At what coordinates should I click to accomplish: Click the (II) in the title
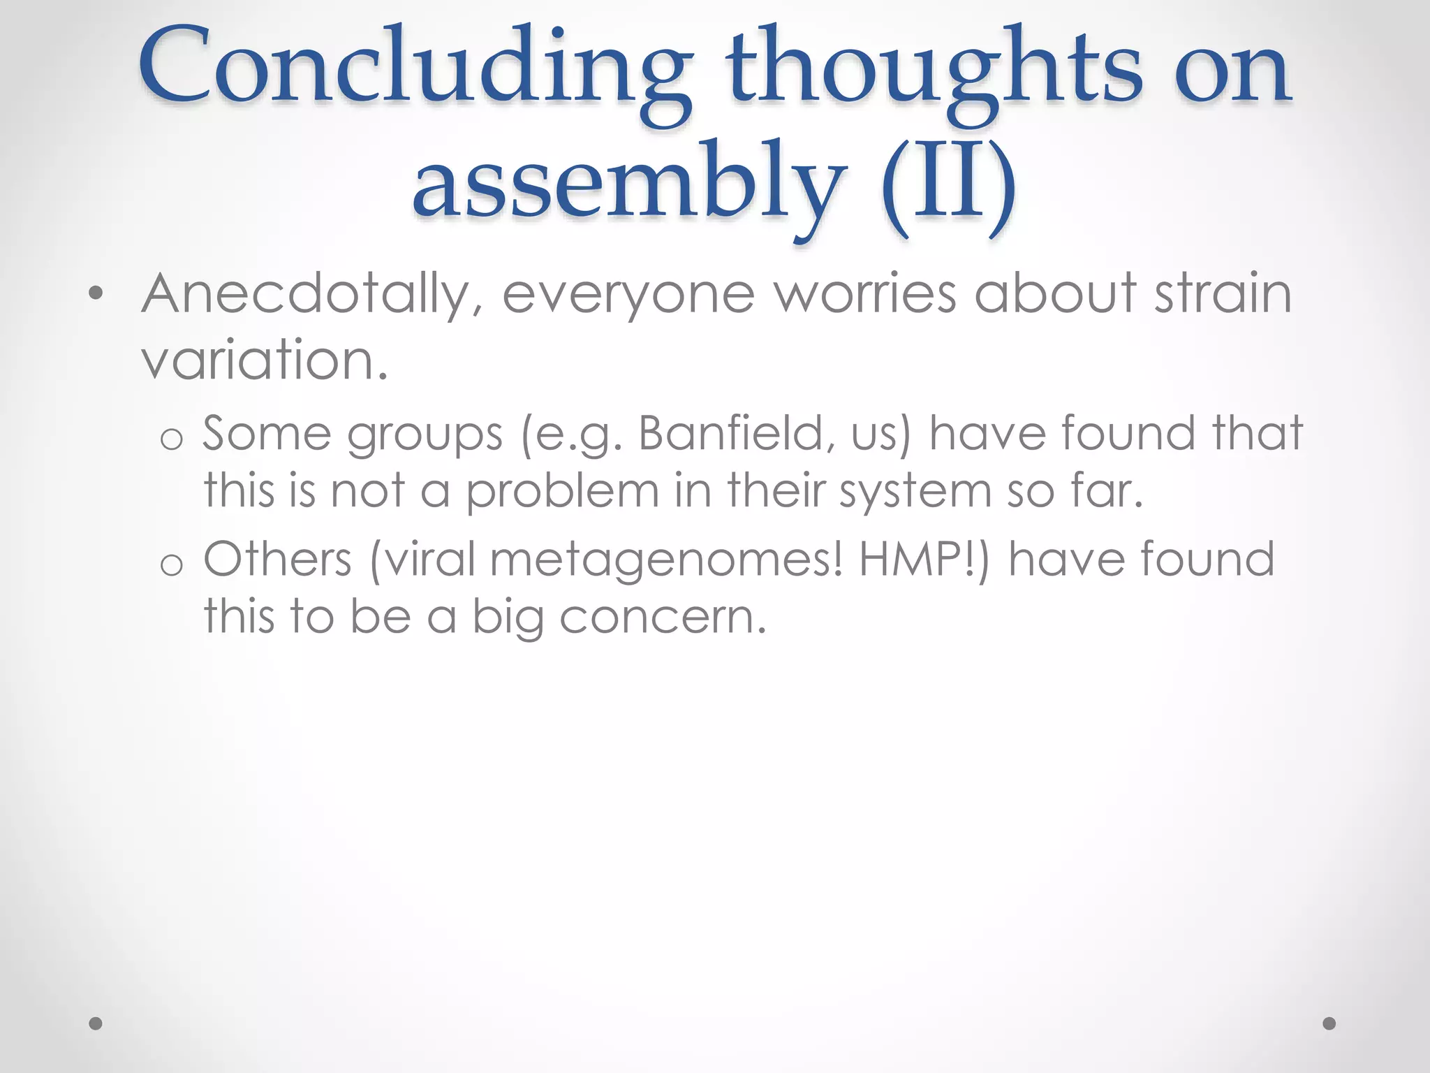(948, 185)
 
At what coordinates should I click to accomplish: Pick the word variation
(264, 360)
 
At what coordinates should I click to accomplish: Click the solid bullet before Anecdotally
(96, 294)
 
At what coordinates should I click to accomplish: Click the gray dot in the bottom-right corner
(1329, 1023)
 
